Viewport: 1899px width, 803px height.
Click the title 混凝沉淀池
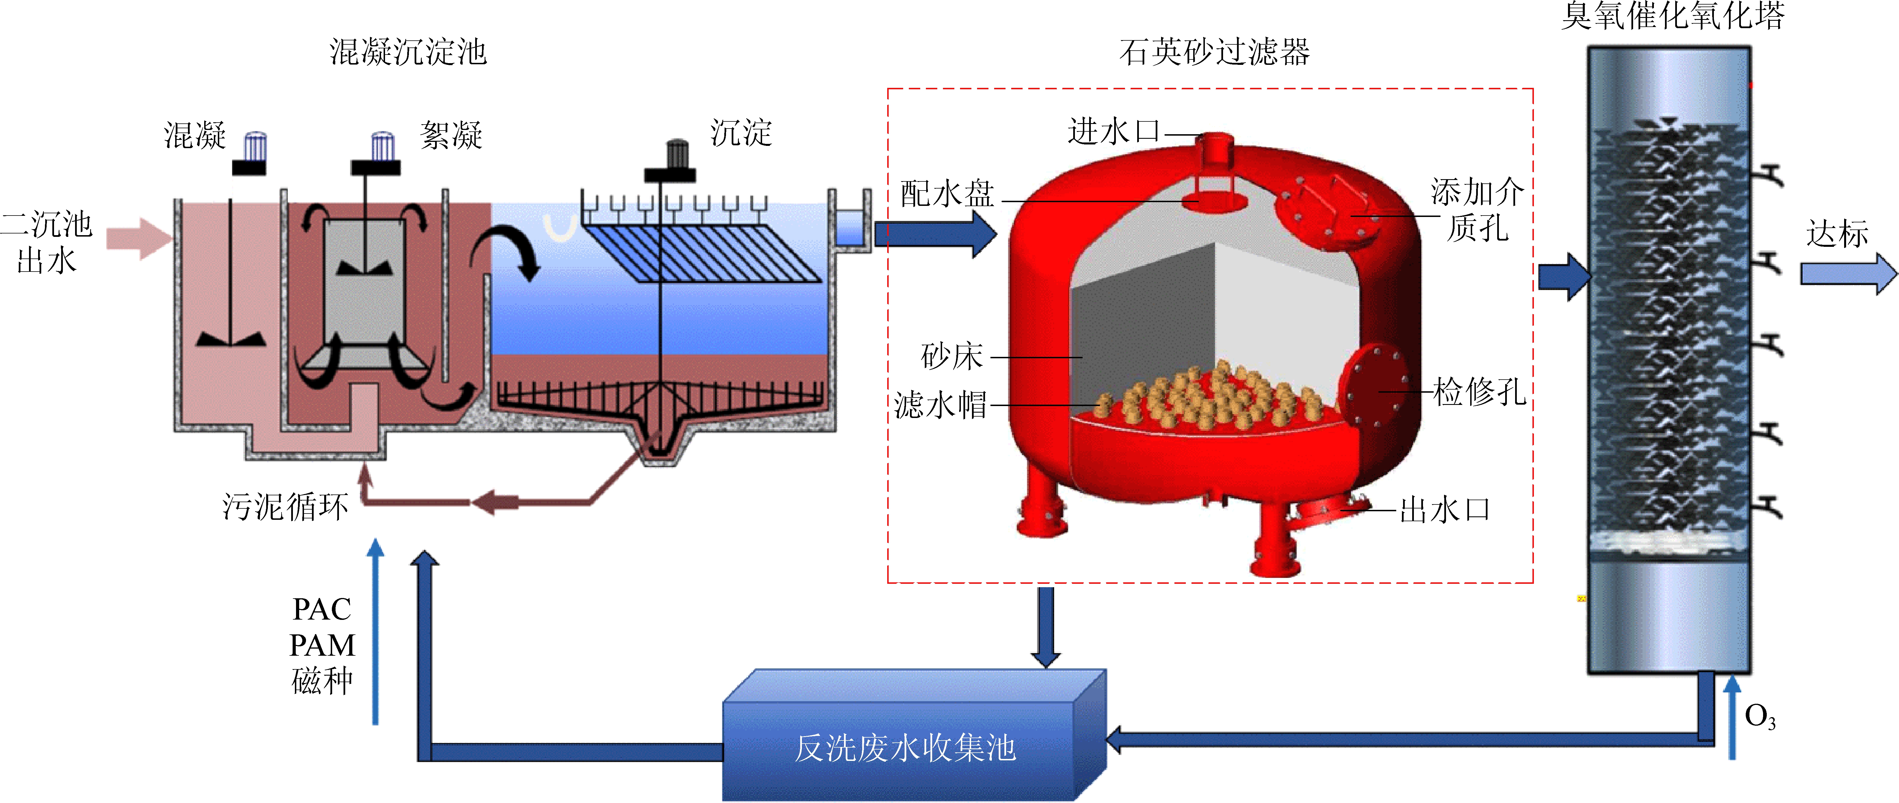click(x=408, y=52)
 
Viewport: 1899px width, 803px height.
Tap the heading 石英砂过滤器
click(x=1214, y=52)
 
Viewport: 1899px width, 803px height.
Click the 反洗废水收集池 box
click(x=905, y=747)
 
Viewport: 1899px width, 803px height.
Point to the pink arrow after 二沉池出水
click(x=138, y=238)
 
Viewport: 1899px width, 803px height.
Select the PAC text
click(x=322, y=609)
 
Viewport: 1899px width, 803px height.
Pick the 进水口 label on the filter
click(x=1113, y=131)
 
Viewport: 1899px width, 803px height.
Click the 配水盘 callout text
click(x=947, y=194)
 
